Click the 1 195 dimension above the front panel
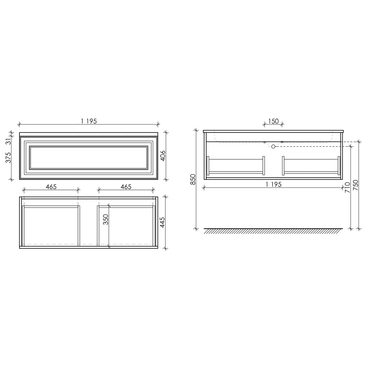tap(89, 121)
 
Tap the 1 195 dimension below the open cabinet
tap(273, 185)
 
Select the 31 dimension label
tap(8, 141)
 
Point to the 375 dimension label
tap(8, 157)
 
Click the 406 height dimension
tap(163, 156)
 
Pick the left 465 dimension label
tap(51, 187)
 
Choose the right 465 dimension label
tap(126, 187)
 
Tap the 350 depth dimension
tap(106, 219)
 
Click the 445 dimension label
tap(162, 222)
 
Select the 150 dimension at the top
tap(273, 121)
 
